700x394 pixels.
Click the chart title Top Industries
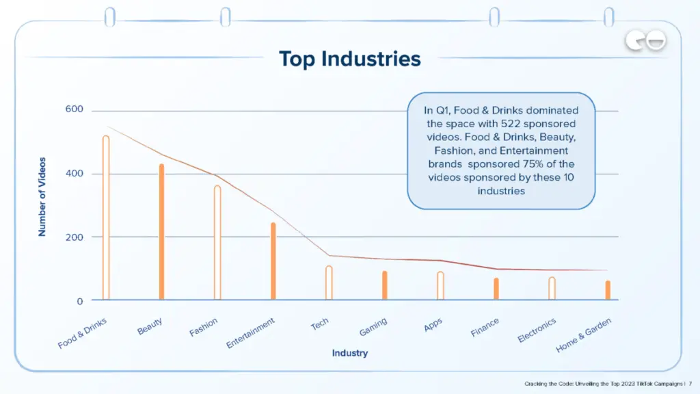(349, 59)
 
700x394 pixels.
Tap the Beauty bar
(162, 232)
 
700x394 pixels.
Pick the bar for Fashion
(217, 242)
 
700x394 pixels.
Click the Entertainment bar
(273, 261)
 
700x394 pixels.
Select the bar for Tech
(329, 283)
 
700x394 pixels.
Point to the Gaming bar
(385, 285)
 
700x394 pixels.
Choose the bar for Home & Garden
(608, 290)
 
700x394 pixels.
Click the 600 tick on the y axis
(75, 109)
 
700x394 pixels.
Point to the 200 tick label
(75, 237)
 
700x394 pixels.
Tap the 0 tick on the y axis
(80, 301)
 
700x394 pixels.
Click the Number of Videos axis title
(42, 197)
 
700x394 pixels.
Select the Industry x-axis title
(349, 353)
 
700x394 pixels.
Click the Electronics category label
(537, 330)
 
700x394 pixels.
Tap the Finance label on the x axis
(485, 328)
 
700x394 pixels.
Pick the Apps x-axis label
(433, 325)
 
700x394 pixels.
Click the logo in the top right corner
(645, 42)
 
